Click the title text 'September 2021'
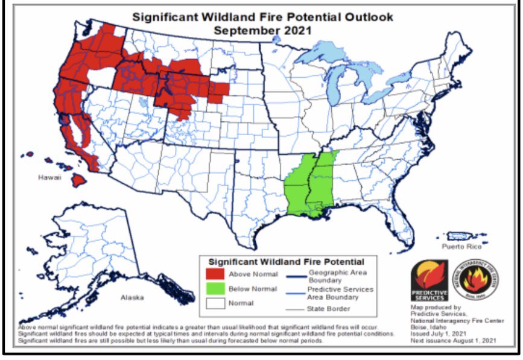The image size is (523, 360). tap(262, 30)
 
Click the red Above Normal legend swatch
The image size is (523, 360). tap(214, 274)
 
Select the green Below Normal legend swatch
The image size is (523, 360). tap(214, 289)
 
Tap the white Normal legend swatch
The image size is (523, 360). tap(214, 303)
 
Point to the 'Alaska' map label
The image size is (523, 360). tap(132, 298)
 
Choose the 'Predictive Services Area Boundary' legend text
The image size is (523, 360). tap(340, 293)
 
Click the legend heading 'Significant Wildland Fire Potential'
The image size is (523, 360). tap(286, 262)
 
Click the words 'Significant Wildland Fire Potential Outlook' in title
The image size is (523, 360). tap(262, 17)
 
